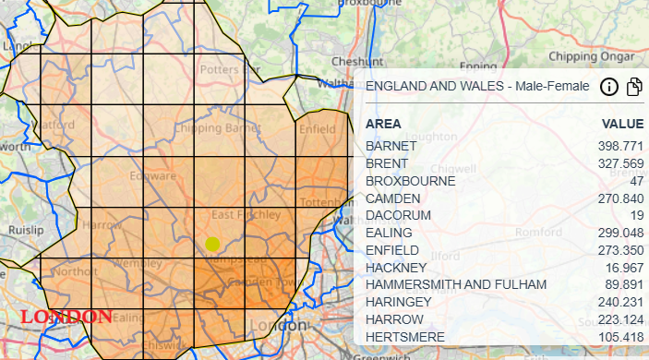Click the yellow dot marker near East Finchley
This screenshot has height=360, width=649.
click(x=212, y=244)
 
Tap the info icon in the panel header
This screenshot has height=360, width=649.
click(x=608, y=87)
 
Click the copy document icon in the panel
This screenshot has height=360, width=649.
click(x=634, y=87)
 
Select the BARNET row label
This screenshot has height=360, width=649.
click(x=391, y=147)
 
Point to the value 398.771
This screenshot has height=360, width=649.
click(x=620, y=147)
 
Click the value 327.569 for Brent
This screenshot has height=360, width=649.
click(x=620, y=164)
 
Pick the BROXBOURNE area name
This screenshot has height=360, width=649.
click(x=410, y=181)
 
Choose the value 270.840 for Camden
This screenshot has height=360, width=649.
click(x=620, y=198)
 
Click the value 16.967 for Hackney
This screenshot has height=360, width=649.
click(x=623, y=268)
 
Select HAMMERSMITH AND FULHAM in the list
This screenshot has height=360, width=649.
click(x=456, y=284)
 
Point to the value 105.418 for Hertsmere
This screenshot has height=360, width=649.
click(x=620, y=337)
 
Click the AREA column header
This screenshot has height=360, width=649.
click(x=383, y=124)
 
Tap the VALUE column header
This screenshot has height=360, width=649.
click(x=622, y=124)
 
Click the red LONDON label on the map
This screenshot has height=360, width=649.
click(x=66, y=317)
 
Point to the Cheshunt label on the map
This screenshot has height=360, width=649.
click(x=350, y=61)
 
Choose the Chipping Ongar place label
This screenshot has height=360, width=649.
click(x=587, y=55)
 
